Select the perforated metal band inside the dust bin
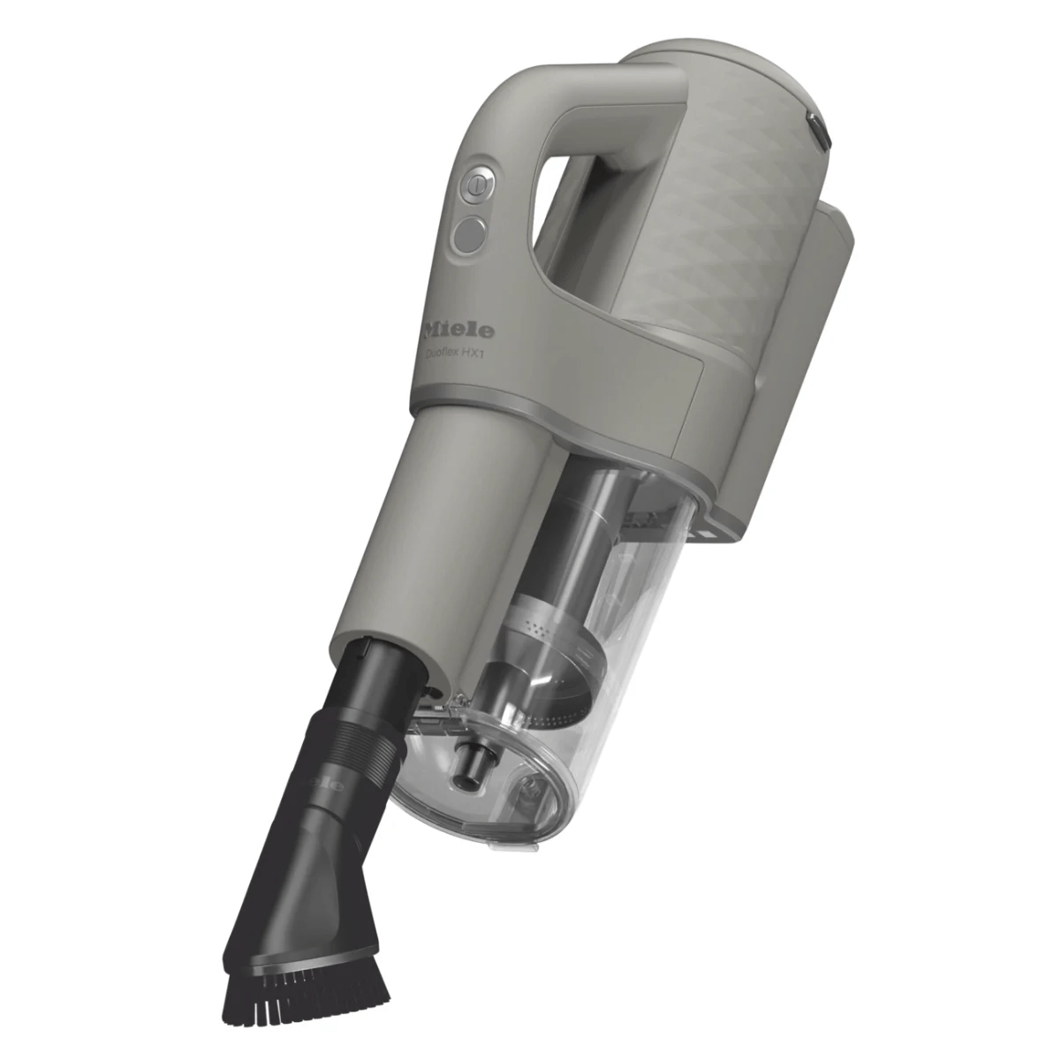tap(544, 622)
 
